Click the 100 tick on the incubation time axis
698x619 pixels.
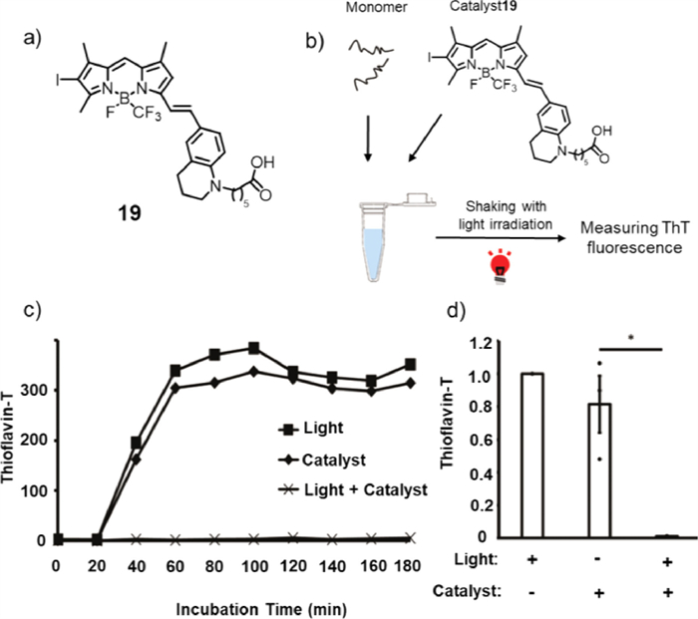(255, 565)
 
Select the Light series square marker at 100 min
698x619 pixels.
(255, 348)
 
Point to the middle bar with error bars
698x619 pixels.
(599, 469)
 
